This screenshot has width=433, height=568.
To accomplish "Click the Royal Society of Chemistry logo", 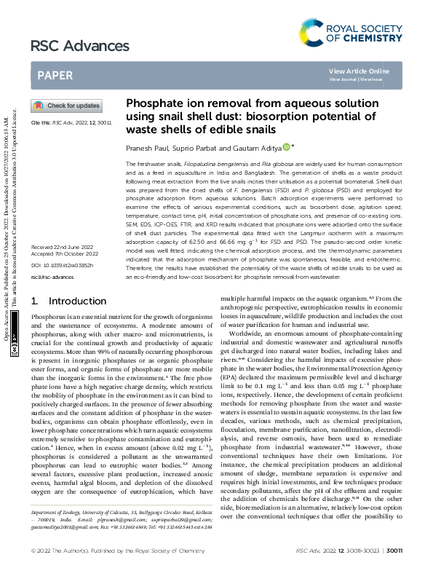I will click(x=351, y=32).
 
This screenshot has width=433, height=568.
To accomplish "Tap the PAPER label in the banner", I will click(x=55, y=74).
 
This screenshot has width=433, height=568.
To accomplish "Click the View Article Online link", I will click(x=359, y=71).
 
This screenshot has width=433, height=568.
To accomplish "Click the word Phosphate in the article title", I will click(x=153, y=104).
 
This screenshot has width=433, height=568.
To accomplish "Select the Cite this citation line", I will click(x=71, y=124).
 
